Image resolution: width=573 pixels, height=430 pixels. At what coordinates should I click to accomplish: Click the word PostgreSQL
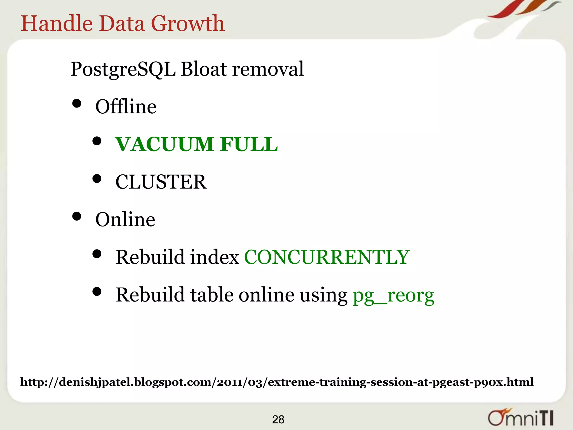pos(123,69)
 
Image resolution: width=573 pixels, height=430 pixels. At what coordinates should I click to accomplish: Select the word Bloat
pos(203,69)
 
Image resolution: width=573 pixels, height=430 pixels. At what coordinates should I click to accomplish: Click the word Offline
pos(126,107)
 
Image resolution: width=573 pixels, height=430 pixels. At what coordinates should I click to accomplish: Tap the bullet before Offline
pos(77,104)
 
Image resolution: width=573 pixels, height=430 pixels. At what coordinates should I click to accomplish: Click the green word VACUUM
pos(165,144)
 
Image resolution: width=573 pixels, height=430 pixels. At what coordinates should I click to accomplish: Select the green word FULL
pos(249,144)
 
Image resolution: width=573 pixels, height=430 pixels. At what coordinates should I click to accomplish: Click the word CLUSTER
pos(161,182)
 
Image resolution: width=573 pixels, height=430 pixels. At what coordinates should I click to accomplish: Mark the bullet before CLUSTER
pos(97,179)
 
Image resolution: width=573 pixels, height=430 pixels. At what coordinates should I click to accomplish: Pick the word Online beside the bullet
pos(125,219)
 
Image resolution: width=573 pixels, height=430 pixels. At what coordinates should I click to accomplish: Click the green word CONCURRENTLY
pos(327,257)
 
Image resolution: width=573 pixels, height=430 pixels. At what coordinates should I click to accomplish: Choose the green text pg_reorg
pos(393,296)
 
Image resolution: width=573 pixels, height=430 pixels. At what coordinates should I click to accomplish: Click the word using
pos(323,296)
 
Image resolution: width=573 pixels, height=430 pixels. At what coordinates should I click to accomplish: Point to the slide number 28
pos(278,420)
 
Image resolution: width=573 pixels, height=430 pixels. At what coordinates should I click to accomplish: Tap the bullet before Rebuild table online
pos(97,292)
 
